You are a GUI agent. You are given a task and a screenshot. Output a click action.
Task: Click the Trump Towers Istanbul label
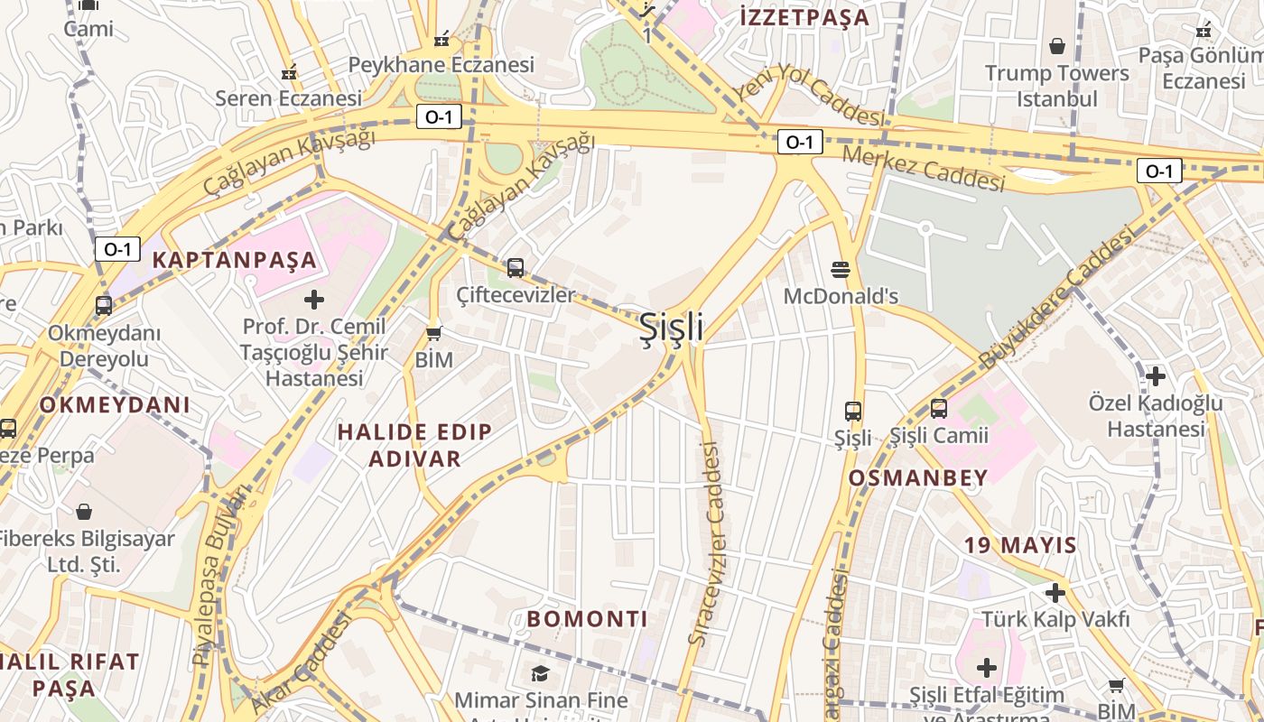pos(1056,86)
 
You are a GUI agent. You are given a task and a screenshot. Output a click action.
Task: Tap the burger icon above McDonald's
pos(841,269)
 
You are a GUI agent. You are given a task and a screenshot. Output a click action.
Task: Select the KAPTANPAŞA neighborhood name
pos(235,261)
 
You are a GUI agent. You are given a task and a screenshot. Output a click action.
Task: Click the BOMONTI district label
pos(587,619)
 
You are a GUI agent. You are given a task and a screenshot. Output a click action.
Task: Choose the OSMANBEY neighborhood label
pos(918,478)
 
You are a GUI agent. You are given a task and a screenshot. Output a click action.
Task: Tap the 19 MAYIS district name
pos(1020,545)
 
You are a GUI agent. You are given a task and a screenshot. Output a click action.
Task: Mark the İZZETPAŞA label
pos(804,17)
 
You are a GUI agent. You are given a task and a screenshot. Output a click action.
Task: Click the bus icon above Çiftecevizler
pos(515,267)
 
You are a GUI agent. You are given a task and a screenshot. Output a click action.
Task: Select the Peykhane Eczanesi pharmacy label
pos(441,65)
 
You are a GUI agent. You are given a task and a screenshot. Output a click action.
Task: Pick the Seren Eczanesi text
pos(288,97)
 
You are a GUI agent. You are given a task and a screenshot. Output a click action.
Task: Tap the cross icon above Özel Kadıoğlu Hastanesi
pos(1155,375)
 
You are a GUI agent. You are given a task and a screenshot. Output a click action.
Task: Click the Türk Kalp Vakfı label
pos(1055,619)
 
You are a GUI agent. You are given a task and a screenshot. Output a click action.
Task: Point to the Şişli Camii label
pos(939,436)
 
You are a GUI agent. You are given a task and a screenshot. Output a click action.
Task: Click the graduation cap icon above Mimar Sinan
pos(540,673)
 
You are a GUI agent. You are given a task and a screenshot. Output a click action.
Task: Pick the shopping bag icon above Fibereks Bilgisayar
pos(84,512)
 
